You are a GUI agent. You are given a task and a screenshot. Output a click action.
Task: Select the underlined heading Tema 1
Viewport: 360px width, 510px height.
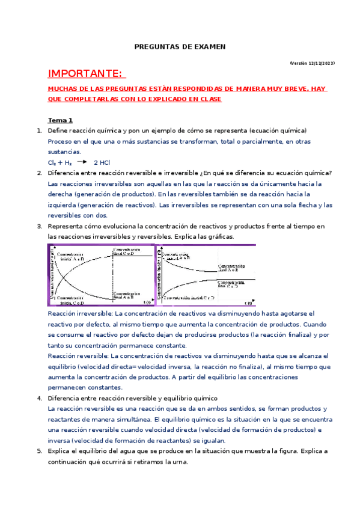(x=60, y=120)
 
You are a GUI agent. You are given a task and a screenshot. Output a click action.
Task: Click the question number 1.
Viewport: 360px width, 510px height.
(x=39, y=131)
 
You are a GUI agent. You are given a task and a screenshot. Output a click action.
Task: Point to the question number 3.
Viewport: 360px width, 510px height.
(x=39, y=226)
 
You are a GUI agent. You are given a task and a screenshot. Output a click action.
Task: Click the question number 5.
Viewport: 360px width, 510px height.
(x=39, y=451)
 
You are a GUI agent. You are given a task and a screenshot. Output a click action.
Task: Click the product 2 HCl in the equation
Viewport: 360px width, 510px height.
(x=102, y=163)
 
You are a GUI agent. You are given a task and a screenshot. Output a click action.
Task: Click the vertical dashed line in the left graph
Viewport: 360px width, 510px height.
(x=112, y=274)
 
